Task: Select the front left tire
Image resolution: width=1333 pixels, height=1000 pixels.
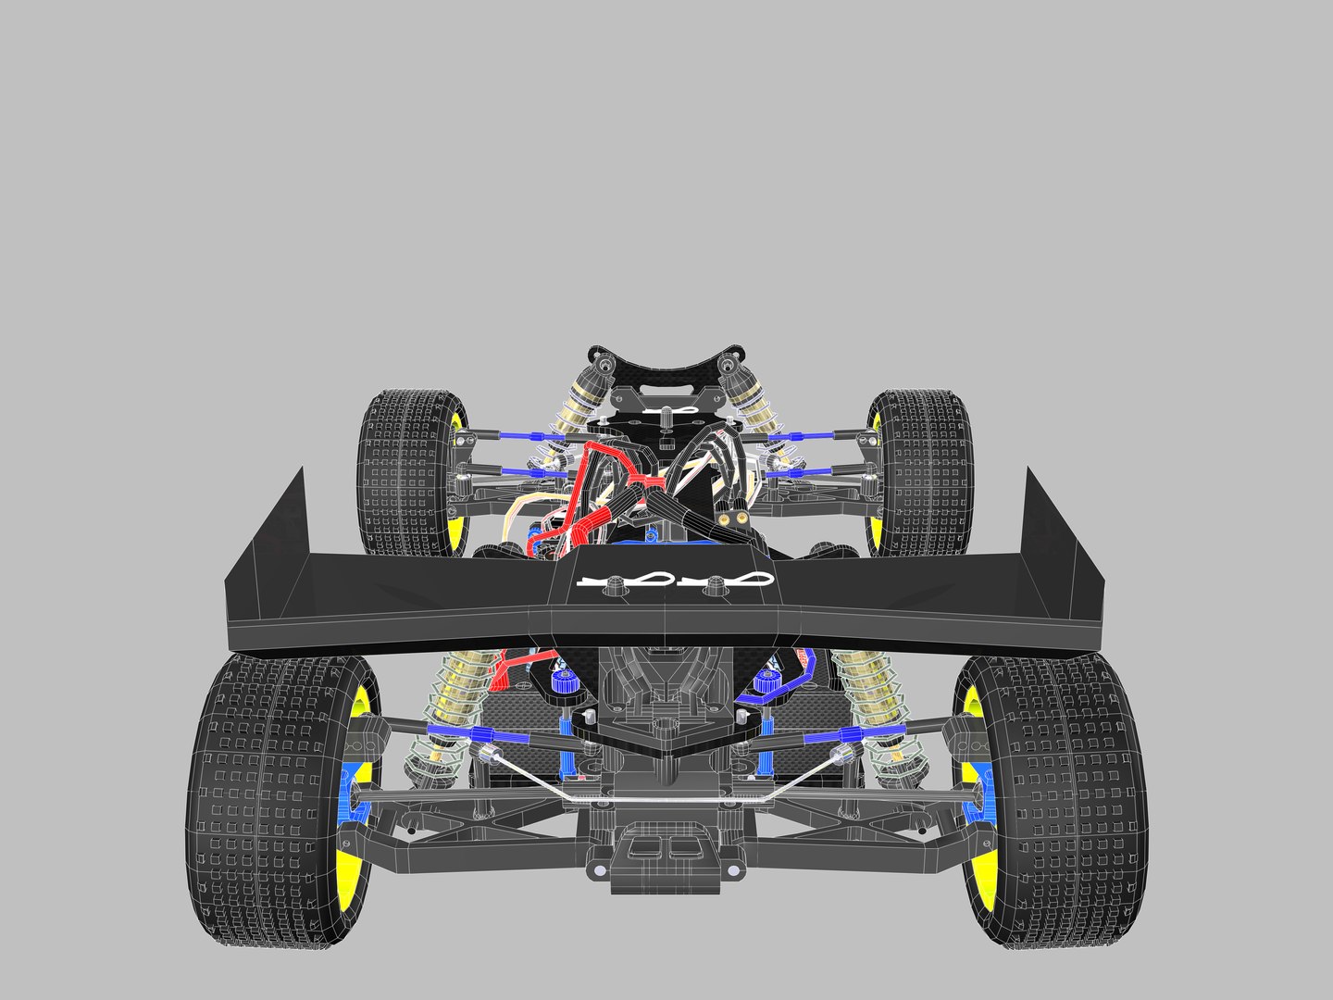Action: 403,472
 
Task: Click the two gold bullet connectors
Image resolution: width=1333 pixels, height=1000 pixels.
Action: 736,515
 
